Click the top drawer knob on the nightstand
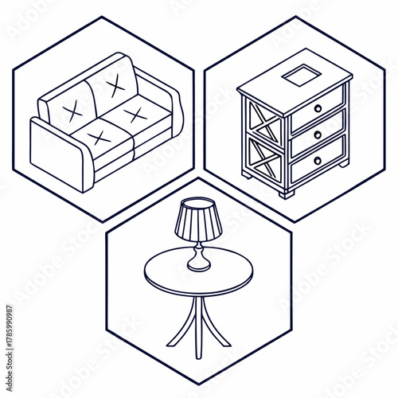point(318,108)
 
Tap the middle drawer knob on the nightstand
point(318,135)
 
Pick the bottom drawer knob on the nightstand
point(318,160)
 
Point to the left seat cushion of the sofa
point(99,138)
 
